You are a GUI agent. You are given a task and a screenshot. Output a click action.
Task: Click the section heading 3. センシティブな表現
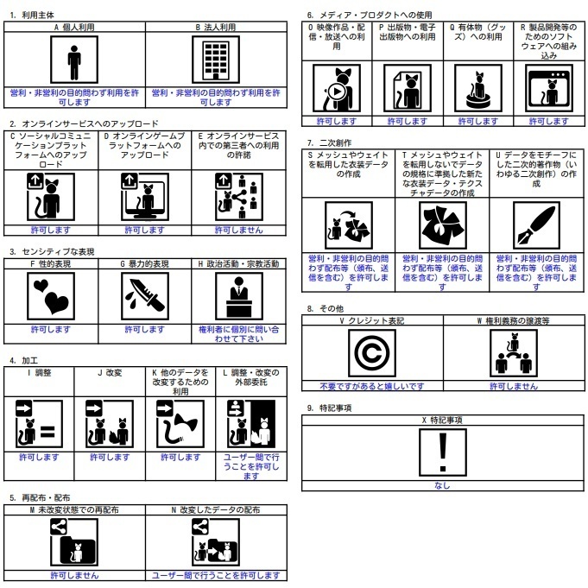pos(52,251)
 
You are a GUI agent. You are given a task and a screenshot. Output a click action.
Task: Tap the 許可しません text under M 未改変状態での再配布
pos(74,574)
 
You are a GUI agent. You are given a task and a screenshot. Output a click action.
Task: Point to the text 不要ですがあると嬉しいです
pos(371,386)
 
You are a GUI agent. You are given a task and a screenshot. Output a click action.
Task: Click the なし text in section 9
pos(442,485)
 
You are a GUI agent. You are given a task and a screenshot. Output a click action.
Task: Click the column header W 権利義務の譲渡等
pos(514,320)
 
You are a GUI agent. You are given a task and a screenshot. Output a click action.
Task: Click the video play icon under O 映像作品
pos(336,90)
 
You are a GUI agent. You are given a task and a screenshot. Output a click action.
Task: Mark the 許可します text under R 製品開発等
pos(547,122)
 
